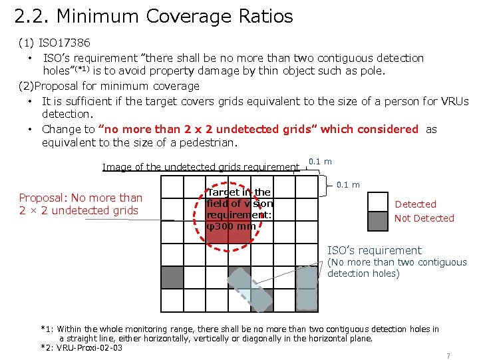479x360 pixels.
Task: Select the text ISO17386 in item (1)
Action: pos(65,43)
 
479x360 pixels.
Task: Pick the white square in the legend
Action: pos(378,202)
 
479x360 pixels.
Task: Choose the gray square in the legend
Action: pos(378,220)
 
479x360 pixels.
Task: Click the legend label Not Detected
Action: pos(424,218)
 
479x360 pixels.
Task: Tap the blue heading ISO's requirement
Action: pos(374,250)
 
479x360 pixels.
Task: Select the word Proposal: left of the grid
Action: pos(43,198)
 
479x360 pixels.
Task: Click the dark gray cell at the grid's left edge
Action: pos(172,277)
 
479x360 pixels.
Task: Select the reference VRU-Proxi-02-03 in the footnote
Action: pos(90,348)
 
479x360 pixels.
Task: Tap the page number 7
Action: pos(448,356)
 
